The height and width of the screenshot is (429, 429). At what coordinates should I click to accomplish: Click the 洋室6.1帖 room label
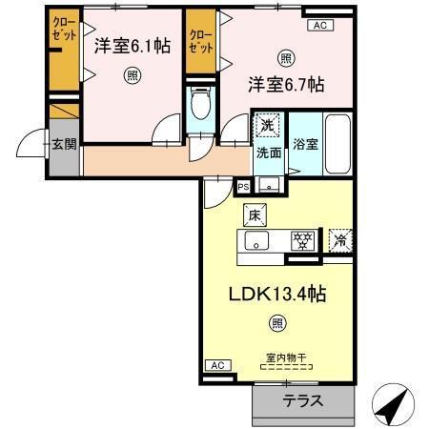click(x=133, y=44)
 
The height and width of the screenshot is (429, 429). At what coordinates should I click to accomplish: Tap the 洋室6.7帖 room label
click(x=285, y=84)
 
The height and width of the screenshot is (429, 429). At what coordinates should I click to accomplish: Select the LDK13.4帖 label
click(x=276, y=295)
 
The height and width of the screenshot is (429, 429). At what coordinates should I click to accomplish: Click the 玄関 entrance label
click(x=64, y=144)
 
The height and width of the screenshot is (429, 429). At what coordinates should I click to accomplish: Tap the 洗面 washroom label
click(x=267, y=152)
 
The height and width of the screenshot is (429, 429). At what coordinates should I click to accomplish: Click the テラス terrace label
click(x=302, y=401)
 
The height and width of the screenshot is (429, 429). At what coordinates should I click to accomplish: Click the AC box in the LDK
click(x=217, y=365)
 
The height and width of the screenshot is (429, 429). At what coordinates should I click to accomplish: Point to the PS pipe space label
click(x=243, y=187)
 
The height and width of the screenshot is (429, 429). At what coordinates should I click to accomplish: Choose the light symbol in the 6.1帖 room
click(x=133, y=75)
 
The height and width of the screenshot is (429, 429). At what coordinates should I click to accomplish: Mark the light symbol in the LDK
click(x=276, y=324)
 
